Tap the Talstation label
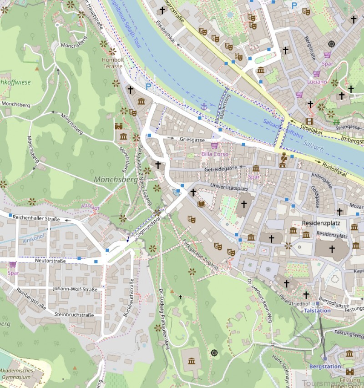click(x=317, y=310)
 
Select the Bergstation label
click(x=325, y=366)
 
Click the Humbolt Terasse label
click(x=112, y=62)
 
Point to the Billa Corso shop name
click(x=215, y=154)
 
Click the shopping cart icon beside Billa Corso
click(x=214, y=146)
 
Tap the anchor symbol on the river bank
click(x=204, y=106)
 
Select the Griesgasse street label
click(x=192, y=140)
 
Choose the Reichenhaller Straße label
click(x=36, y=219)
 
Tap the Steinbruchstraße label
click(x=74, y=314)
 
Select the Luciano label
click(x=317, y=82)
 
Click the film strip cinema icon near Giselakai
click(x=310, y=121)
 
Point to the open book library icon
click(x=201, y=204)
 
